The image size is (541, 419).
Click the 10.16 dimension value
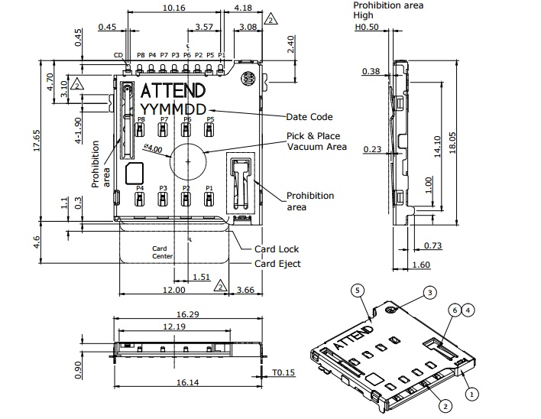[x=174, y=8]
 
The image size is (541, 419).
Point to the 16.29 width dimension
[x=187, y=313]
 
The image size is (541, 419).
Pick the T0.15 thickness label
[x=283, y=372]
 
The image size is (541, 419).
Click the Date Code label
[x=309, y=117]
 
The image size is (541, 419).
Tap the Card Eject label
[x=278, y=264]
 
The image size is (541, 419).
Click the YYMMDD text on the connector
[x=173, y=109]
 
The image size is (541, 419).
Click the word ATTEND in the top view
[x=172, y=89]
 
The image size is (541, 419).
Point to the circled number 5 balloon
[x=359, y=290]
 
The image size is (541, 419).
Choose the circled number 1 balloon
[x=472, y=395]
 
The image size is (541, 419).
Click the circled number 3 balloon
[x=430, y=292]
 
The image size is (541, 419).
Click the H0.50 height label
[x=368, y=27]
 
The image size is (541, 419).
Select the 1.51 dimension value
[x=201, y=277]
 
